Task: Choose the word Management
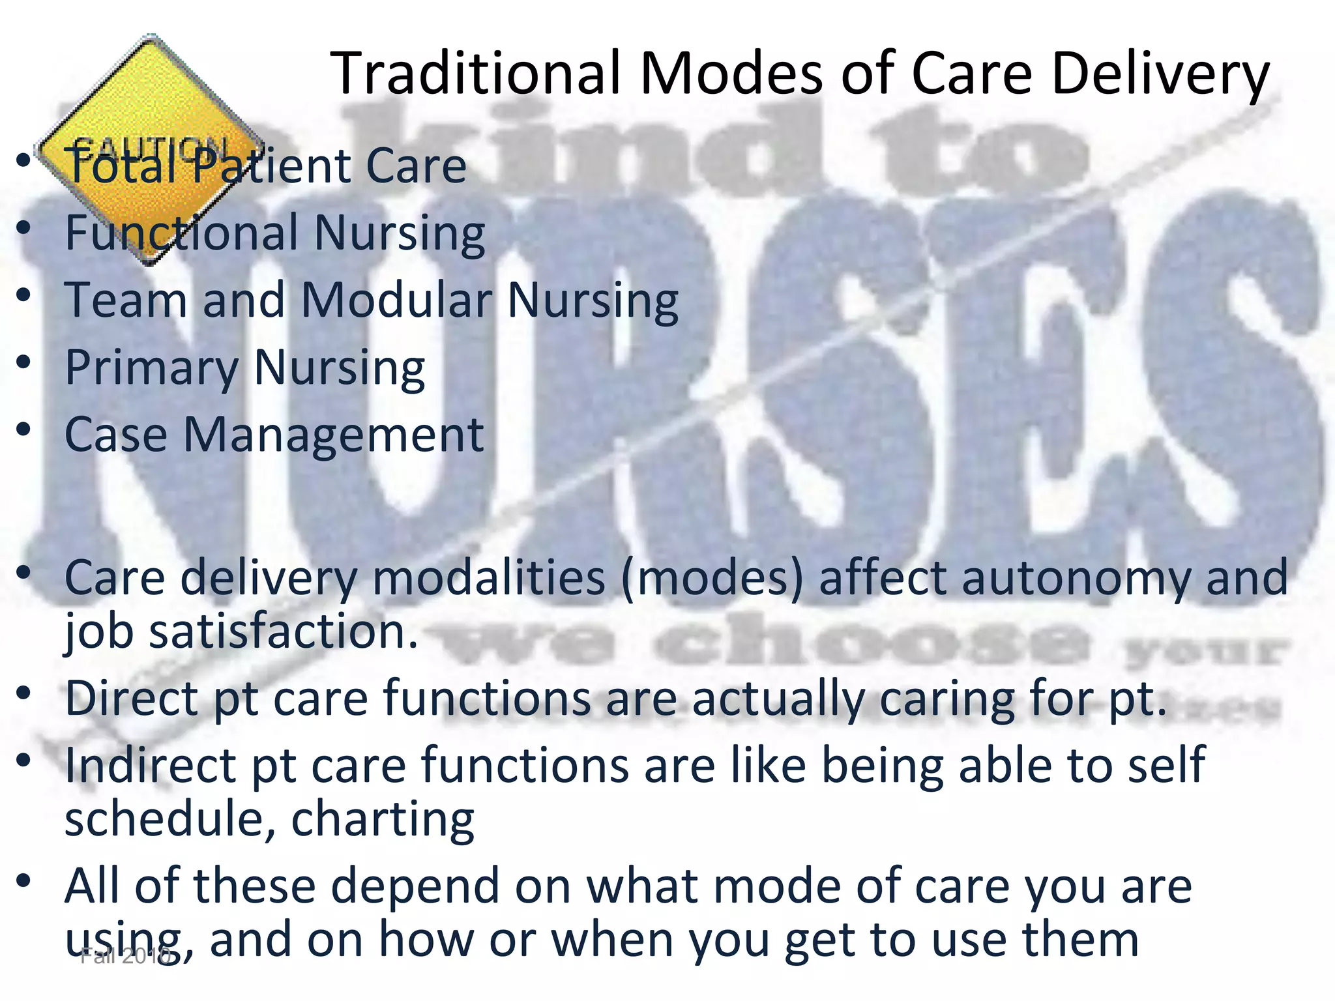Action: point(333,435)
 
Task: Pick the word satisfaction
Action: point(283,632)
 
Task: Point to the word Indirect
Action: point(151,765)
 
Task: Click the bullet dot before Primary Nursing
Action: point(24,362)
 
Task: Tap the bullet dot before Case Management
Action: point(24,429)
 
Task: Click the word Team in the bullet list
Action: point(126,300)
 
